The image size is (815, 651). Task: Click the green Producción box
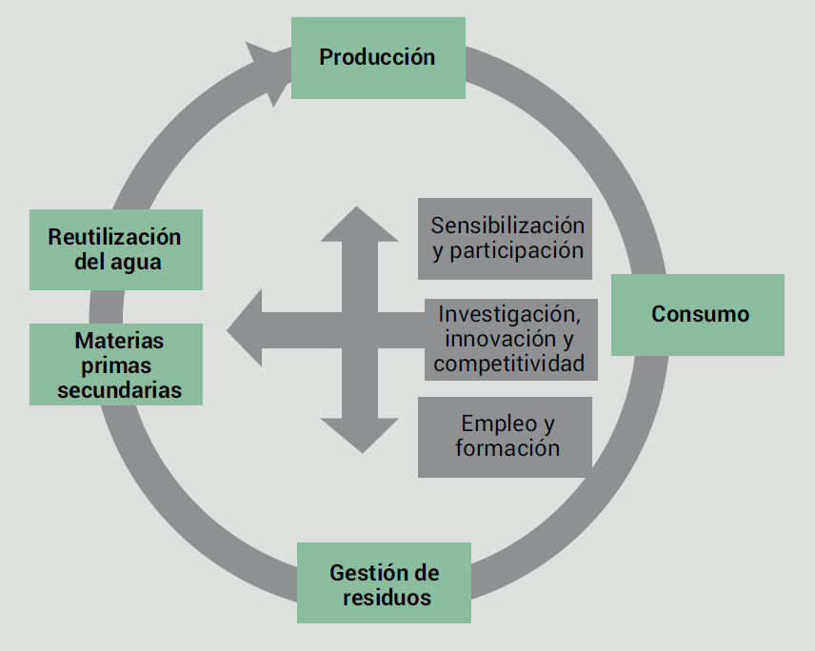point(378,57)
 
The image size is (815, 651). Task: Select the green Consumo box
point(697,315)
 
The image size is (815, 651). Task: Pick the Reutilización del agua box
point(116,249)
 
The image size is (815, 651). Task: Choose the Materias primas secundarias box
point(116,365)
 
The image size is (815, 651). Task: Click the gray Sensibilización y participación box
point(505,238)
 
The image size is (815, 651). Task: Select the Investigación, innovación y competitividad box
point(509,339)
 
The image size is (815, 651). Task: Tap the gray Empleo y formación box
point(505,436)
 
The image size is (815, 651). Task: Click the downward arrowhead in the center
point(359,435)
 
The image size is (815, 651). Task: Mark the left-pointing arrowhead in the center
point(246,329)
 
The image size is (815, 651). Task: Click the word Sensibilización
point(507,226)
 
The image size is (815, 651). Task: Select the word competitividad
point(508,364)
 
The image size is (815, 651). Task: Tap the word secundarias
point(119,389)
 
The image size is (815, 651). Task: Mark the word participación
point(517,251)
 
